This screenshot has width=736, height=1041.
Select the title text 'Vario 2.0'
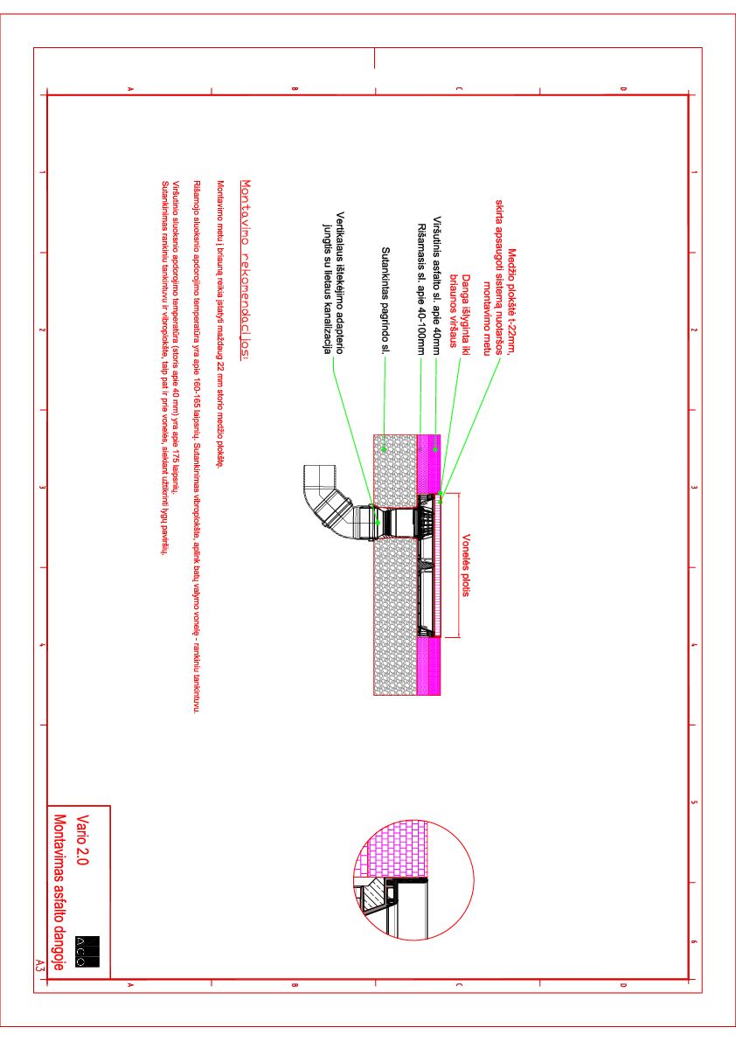pos(83,839)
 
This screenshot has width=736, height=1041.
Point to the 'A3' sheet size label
pos(39,966)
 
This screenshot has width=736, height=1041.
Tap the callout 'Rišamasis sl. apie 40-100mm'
pos(420,288)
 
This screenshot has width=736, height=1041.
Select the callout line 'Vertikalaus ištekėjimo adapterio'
pos(340,280)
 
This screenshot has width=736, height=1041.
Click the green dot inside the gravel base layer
pos(384,449)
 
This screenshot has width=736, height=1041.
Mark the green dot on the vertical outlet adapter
pos(378,517)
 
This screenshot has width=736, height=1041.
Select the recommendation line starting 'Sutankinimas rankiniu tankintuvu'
pos(164,367)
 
